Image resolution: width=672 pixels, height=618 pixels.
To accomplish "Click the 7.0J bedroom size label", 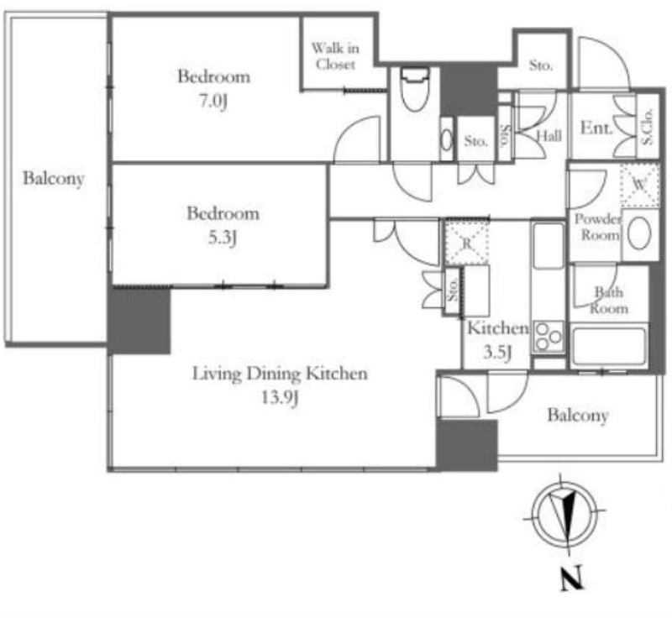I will point(214,102).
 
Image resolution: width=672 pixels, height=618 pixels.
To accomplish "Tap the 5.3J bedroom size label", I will point(223,238).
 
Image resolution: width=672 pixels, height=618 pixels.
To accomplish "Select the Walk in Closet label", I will point(334,56).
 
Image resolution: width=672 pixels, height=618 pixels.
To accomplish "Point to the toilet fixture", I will point(413,90).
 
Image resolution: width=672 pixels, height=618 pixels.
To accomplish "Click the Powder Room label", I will point(597,227).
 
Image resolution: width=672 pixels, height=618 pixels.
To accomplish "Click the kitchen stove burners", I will point(549,336).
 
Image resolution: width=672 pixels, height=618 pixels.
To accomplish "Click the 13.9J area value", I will point(281,398).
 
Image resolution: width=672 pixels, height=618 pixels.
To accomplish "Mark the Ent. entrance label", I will point(596,129).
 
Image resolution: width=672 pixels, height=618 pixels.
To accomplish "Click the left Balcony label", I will point(54,179).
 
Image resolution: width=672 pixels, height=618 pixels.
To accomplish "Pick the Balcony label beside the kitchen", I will point(578,416).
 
